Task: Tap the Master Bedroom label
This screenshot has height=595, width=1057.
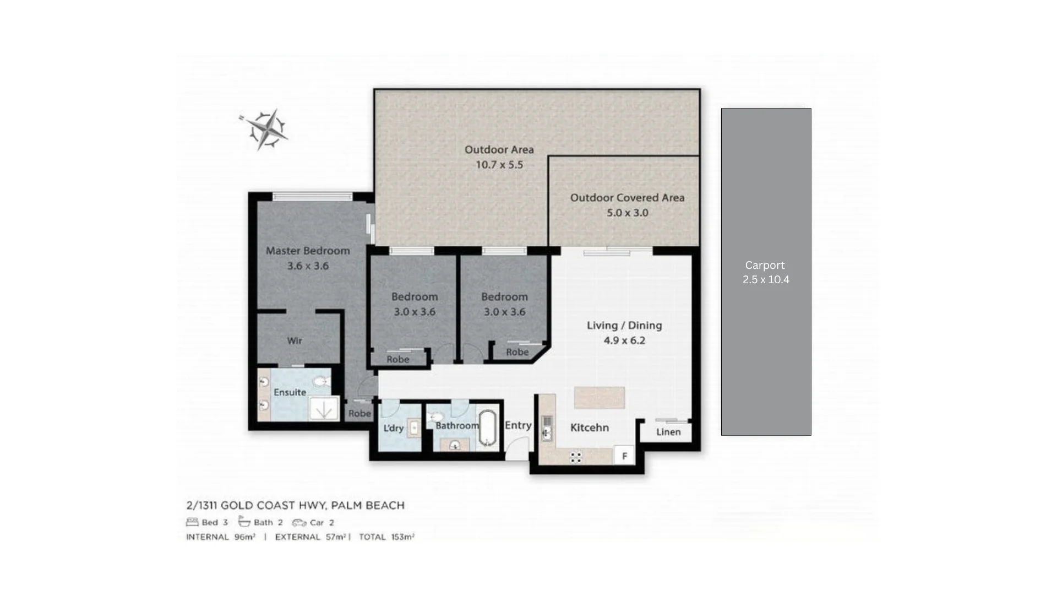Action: (308, 251)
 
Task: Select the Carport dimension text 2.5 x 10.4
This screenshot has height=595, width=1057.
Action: (766, 280)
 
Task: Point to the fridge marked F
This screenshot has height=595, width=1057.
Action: (624, 456)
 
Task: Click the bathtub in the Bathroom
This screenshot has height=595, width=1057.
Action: (487, 428)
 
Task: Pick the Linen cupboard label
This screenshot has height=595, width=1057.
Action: (668, 432)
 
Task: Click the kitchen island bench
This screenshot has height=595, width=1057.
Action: (599, 397)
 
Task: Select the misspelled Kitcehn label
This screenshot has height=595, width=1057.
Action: (589, 428)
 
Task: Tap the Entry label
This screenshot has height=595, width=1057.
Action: (518, 425)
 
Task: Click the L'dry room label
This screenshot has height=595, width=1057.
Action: (393, 428)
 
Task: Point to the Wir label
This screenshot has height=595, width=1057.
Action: (295, 341)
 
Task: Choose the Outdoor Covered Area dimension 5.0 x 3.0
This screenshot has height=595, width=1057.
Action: (627, 213)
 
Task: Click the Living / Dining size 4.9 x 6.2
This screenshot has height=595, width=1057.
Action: (624, 340)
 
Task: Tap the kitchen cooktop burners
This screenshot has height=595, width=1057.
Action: (576, 457)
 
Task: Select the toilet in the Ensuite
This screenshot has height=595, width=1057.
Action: (320, 381)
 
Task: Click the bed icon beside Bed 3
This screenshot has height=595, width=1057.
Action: (192, 522)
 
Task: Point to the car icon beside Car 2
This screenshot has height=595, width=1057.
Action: (299, 522)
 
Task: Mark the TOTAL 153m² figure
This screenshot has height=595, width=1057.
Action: (386, 537)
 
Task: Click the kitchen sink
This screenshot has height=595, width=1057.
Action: (547, 428)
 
